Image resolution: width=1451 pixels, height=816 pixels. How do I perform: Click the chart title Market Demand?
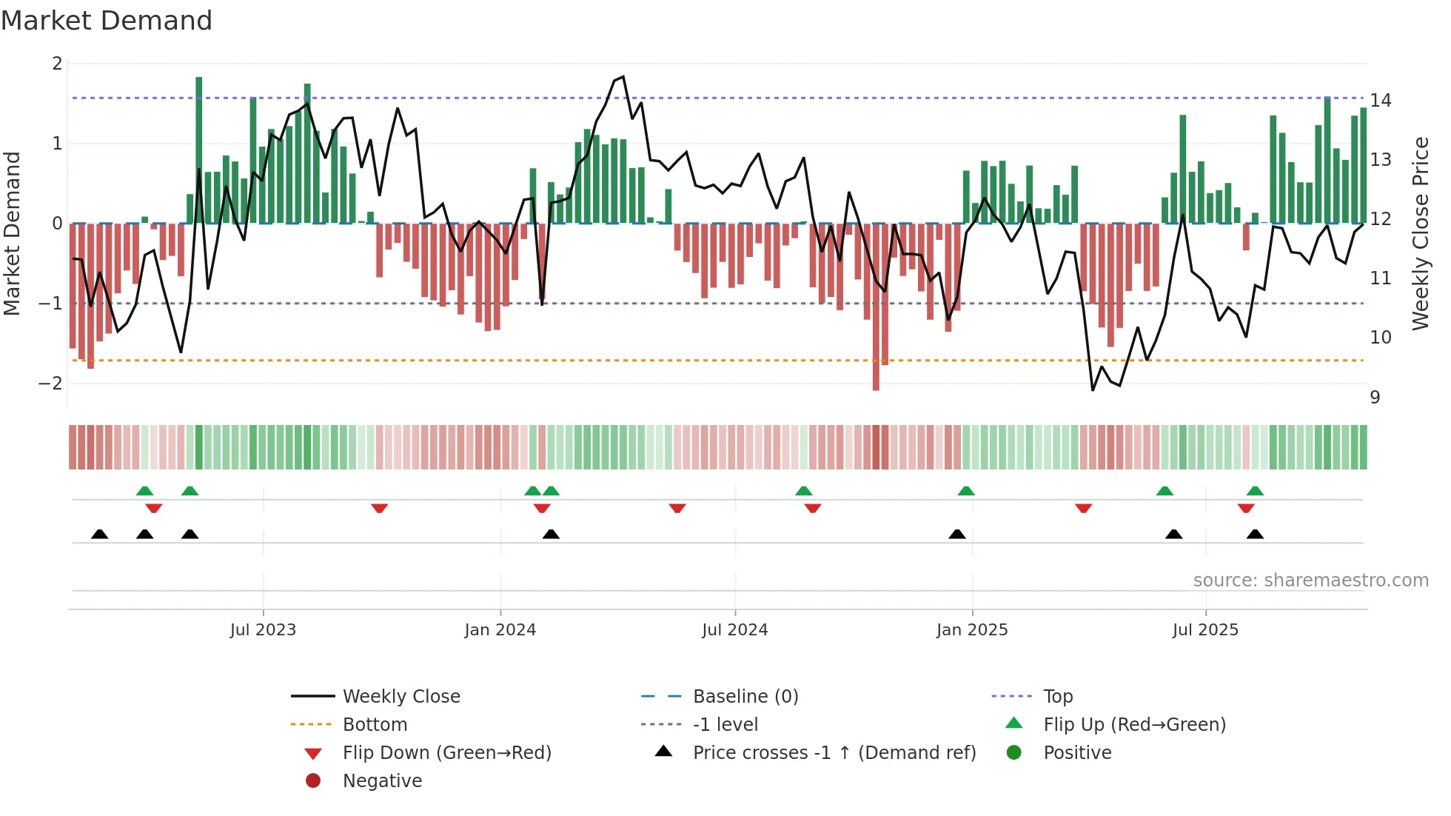click(107, 21)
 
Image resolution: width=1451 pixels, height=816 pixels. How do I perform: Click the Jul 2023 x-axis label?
click(263, 630)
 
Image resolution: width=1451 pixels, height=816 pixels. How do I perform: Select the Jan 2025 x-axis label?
click(971, 630)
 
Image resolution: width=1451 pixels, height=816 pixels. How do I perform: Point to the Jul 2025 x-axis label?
click(1205, 630)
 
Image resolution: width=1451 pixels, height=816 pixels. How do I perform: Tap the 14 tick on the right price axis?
click(1380, 100)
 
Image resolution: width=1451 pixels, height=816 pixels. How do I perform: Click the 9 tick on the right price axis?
click(1375, 398)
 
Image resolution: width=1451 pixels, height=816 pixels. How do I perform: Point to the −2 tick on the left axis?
click(51, 384)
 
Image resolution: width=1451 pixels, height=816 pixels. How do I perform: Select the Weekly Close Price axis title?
click(1420, 233)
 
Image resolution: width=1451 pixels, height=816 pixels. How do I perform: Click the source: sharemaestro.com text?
click(1310, 581)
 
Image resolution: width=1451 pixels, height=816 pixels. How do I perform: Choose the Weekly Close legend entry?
click(401, 697)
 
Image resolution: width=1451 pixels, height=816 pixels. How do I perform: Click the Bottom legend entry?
click(375, 725)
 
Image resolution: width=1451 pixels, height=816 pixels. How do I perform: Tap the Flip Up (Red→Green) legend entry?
click(1134, 725)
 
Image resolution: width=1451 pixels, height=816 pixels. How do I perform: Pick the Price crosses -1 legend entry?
click(834, 753)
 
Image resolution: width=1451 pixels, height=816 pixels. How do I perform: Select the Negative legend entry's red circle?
click(313, 780)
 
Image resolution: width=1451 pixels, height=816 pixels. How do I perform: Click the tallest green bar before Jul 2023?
click(199, 148)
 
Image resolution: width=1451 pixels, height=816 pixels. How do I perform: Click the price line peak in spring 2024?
click(623, 76)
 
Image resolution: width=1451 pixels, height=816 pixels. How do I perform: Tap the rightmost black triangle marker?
click(1255, 535)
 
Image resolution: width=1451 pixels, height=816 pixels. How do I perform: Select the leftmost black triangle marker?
click(99, 535)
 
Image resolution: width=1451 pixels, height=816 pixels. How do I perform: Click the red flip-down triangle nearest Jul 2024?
click(677, 508)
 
